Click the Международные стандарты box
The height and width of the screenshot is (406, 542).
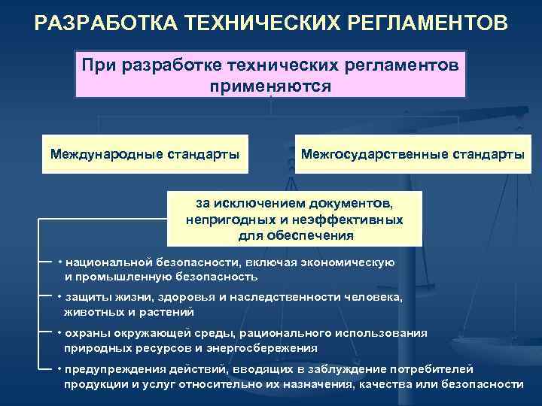tap(145, 154)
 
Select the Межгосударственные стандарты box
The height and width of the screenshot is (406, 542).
tap(412, 154)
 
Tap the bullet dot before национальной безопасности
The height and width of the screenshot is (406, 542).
tap(59, 263)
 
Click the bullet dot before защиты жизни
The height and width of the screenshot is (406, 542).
tap(59, 298)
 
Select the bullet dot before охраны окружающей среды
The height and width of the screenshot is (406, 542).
tap(59, 333)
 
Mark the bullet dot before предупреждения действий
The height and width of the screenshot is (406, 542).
tap(59, 369)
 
